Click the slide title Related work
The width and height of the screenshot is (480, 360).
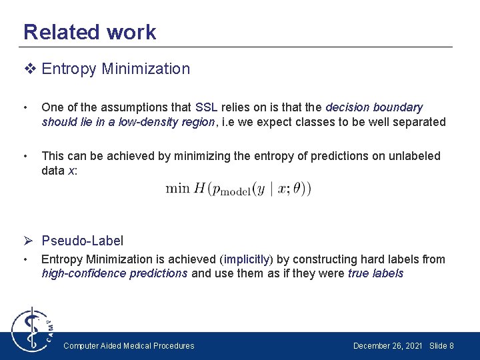coord(89,32)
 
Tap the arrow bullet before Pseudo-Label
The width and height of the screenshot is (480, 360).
coord(30,241)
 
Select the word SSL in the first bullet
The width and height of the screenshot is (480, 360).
coord(207,107)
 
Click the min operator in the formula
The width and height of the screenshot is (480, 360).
coord(177,189)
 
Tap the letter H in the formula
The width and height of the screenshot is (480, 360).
coord(199,189)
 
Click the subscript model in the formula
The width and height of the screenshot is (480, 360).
coord(235,192)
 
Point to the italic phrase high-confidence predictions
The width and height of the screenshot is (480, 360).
coord(114,273)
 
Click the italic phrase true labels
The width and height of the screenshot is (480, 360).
coord(375,273)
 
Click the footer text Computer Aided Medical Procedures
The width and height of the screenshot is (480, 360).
coord(129,346)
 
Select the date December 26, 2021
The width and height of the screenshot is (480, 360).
coord(387,346)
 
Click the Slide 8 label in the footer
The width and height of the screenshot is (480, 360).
coord(441,346)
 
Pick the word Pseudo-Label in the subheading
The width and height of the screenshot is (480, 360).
coord(82,241)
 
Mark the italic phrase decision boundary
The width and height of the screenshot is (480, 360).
coord(374,107)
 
